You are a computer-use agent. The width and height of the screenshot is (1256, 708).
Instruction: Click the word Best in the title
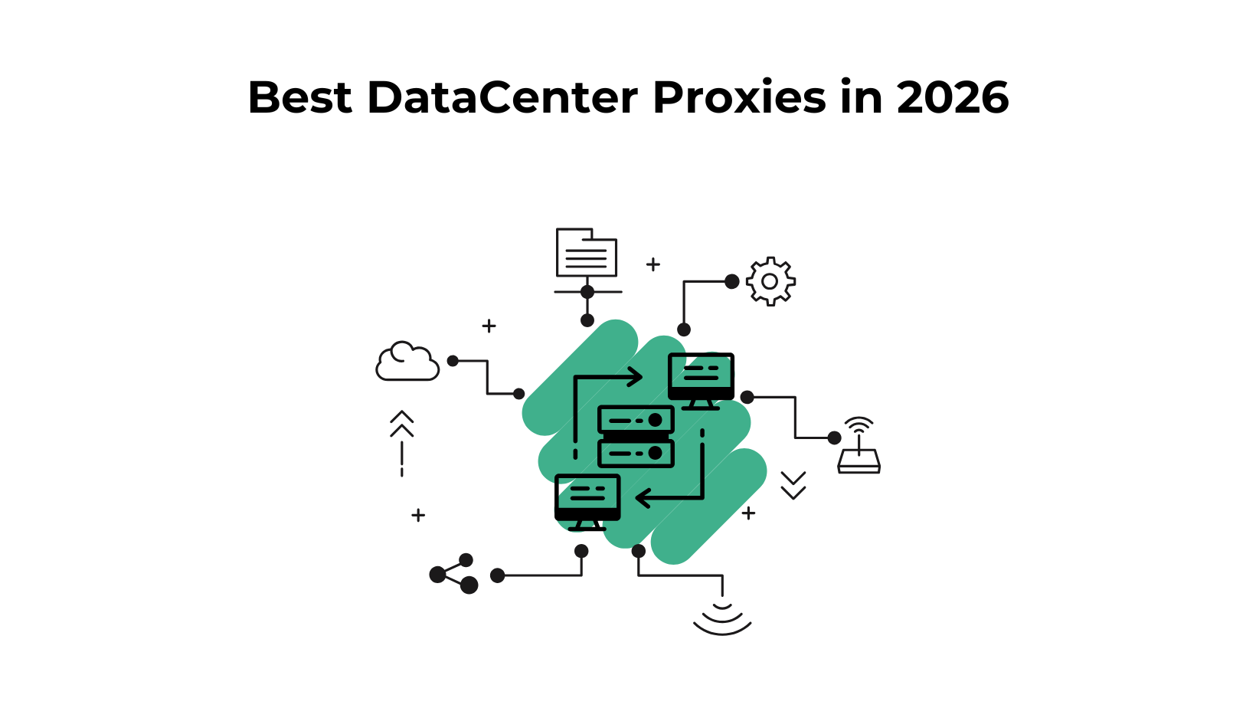299,98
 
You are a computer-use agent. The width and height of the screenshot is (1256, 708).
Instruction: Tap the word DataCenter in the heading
502,98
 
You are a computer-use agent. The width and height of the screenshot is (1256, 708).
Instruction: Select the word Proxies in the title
739,98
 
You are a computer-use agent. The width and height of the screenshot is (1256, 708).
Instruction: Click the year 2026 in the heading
953,98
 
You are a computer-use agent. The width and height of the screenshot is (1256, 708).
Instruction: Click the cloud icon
407,362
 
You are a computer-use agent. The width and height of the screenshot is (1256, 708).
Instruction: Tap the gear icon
770,281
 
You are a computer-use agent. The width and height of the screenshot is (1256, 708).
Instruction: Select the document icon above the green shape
587,253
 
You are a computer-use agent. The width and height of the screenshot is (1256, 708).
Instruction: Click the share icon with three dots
454,574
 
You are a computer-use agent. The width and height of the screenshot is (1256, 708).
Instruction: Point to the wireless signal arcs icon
722,619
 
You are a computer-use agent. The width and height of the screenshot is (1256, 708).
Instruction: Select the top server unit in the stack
636,420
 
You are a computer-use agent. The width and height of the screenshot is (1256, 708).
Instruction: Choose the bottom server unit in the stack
636,453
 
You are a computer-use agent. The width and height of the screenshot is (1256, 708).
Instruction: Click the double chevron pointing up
402,424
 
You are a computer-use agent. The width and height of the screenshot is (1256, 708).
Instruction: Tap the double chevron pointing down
793,485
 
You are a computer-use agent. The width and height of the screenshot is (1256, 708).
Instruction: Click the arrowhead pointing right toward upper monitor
635,376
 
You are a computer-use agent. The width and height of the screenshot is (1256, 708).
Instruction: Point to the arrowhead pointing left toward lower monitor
644,498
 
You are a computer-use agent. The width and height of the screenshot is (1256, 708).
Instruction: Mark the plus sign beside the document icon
653,264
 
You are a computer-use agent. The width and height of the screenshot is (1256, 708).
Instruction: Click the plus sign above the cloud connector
489,326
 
